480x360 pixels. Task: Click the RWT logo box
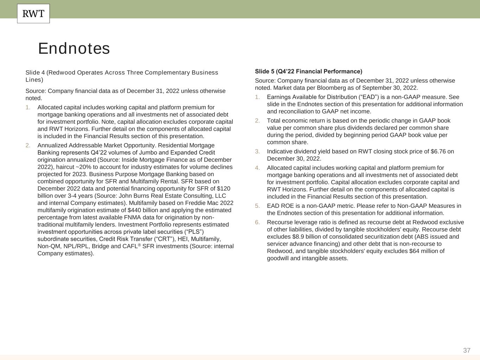pos(33,14)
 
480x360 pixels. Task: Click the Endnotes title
pos(74,49)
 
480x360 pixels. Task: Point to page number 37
pos(467,350)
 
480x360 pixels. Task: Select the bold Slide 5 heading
pos(308,71)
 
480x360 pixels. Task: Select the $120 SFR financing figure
pos(223,188)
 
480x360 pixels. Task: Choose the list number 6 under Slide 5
pos(257,222)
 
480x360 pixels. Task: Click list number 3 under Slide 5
pos(257,152)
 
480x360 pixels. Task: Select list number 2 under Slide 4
pos(28,145)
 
